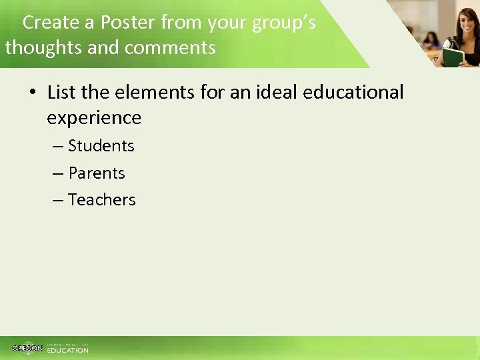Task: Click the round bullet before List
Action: click(x=32, y=92)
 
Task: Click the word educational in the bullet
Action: click(x=353, y=92)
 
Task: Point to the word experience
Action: click(x=94, y=118)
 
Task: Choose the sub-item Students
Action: click(x=101, y=145)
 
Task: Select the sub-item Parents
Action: click(x=97, y=173)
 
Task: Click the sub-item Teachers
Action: click(x=102, y=199)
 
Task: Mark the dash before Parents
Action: click(x=59, y=173)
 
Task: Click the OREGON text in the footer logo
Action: click(x=27, y=348)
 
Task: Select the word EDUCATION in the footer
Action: click(x=67, y=350)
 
